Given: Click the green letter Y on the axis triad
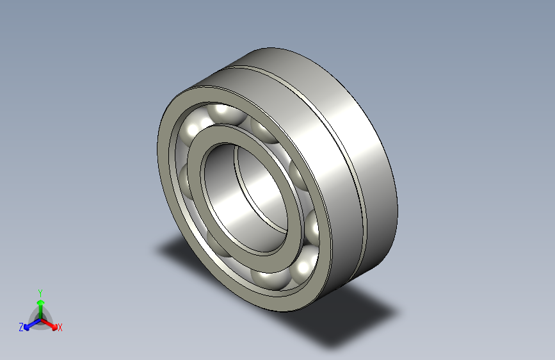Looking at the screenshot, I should (x=40, y=291).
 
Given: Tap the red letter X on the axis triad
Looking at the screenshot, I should (x=60, y=327).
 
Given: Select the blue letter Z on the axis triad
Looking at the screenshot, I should (x=21, y=327).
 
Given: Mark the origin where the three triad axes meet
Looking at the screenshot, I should (x=40, y=318).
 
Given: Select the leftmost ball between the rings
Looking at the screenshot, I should (x=184, y=176).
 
